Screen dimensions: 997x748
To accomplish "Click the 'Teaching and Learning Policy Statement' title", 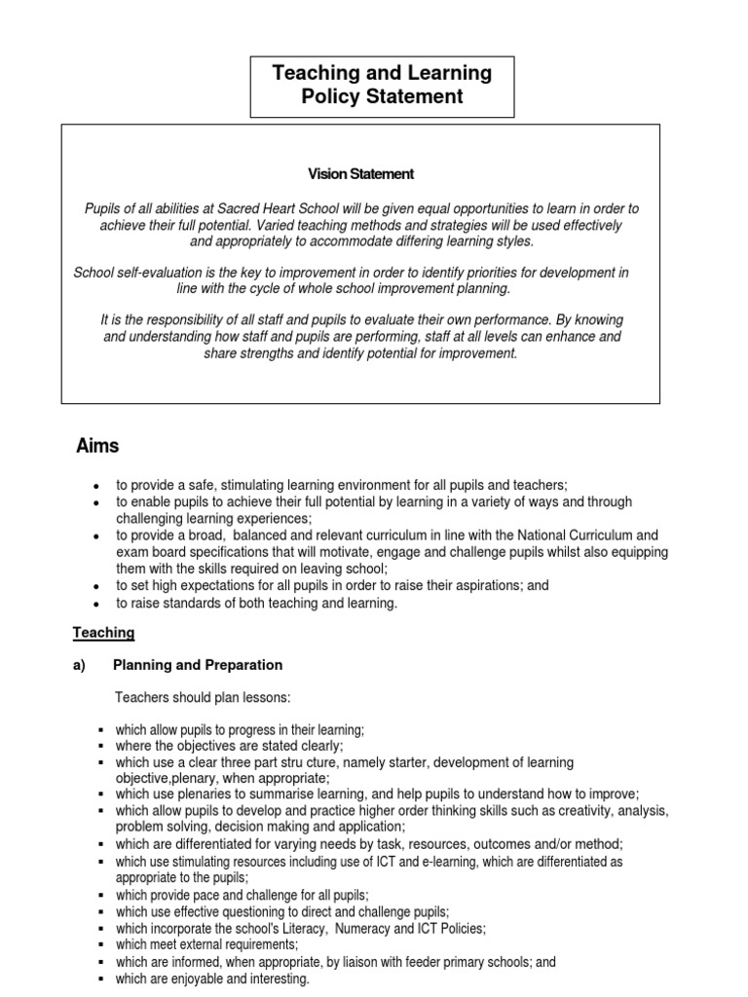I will tap(382, 85).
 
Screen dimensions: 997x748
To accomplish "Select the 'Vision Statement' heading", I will tap(360, 174).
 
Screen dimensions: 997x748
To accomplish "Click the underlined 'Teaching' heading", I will tap(103, 633).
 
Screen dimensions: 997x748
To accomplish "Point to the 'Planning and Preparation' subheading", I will tap(198, 665).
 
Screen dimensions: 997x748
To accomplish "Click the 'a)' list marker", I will tap(80, 665).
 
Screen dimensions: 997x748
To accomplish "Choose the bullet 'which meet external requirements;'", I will tap(206, 944).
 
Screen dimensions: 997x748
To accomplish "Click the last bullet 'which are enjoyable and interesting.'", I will tap(212, 979).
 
